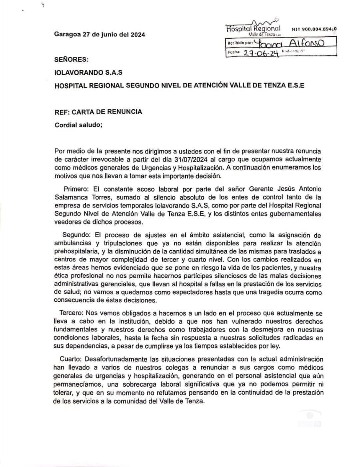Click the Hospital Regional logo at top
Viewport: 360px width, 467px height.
click(253, 28)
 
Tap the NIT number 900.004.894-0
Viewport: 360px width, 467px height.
click(314, 29)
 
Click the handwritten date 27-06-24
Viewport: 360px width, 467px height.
click(260, 53)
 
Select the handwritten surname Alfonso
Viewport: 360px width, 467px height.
click(306, 43)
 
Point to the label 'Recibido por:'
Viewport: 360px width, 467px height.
click(239, 43)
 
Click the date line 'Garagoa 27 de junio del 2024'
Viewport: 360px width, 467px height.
click(100, 35)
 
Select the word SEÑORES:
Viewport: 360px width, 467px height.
click(71, 60)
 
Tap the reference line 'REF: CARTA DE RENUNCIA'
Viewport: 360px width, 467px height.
click(98, 112)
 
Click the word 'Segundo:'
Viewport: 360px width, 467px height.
click(75, 235)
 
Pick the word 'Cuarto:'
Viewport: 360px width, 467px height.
click(71, 359)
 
